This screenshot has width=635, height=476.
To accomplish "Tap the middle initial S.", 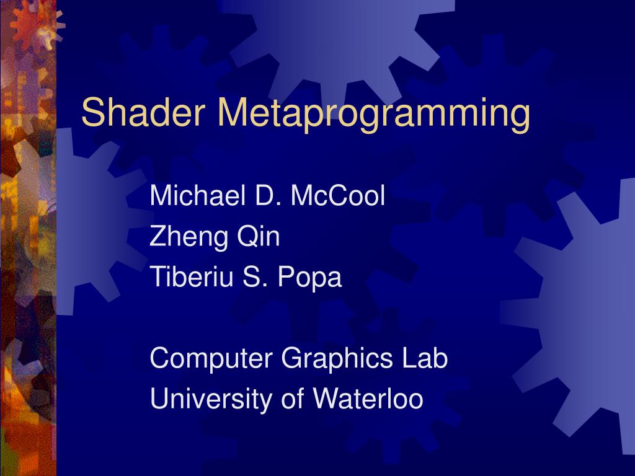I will click(x=255, y=277).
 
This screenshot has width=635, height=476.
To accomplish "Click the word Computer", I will click(x=211, y=359).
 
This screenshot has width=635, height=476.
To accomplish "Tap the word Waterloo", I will click(x=368, y=399).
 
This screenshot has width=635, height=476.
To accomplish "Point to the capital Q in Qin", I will click(x=242, y=237).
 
